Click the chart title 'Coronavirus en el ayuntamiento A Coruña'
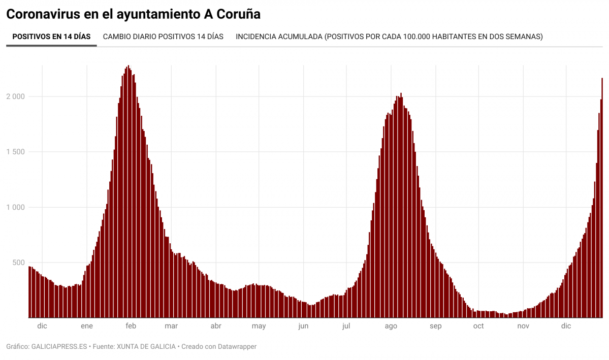click(133, 14)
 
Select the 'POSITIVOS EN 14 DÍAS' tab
click(51, 37)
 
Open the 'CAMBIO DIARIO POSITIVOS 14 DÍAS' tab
click(163, 37)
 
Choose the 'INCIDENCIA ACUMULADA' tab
click(389, 37)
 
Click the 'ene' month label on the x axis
click(87, 326)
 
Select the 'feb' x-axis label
click(131, 326)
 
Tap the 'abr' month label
click(216, 326)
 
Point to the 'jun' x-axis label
click(303, 326)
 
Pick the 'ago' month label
click(391, 326)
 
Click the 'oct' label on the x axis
click(478, 326)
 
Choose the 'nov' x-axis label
click(523, 326)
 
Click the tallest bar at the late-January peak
click(128, 193)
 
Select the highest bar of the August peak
click(401, 203)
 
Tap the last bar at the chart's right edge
click(602, 198)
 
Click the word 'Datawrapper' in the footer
click(237, 346)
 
